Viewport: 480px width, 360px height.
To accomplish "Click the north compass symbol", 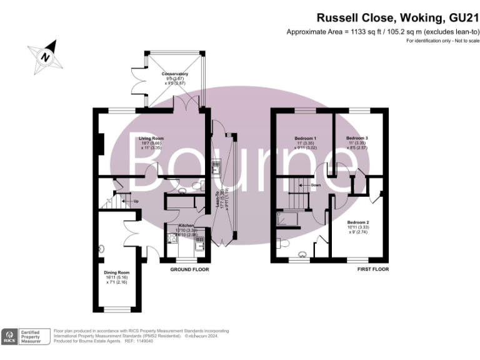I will [x=44, y=56].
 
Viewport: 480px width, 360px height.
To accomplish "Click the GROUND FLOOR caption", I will [x=190, y=269].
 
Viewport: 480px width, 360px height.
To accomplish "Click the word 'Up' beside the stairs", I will [x=135, y=201].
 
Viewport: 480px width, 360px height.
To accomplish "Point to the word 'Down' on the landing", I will [x=316, y=186].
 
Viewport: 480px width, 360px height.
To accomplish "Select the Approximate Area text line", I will [x=382, y=32].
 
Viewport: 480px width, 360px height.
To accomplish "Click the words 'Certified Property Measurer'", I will [x=36, y=337].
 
